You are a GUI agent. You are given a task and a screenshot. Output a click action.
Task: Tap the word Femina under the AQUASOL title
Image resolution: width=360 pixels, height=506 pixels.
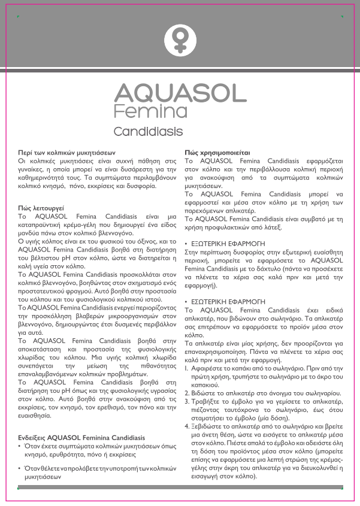(147, 111)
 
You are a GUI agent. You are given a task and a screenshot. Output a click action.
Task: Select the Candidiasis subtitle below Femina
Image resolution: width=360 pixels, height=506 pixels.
(148, 131)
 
